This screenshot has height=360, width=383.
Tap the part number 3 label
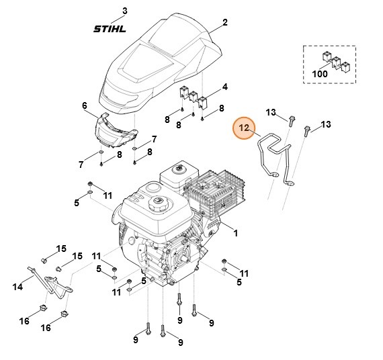click(124, 11)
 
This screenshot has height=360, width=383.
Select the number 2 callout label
click(225, 22)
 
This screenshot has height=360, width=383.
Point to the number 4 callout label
click(224, 87)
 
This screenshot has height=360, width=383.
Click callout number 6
click(85, 105)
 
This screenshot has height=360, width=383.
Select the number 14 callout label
click(17, 286)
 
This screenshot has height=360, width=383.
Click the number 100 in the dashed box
click(320, 74)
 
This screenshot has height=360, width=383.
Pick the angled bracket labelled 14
click(50, 283)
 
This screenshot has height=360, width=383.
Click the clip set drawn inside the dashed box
click(333, 60)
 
